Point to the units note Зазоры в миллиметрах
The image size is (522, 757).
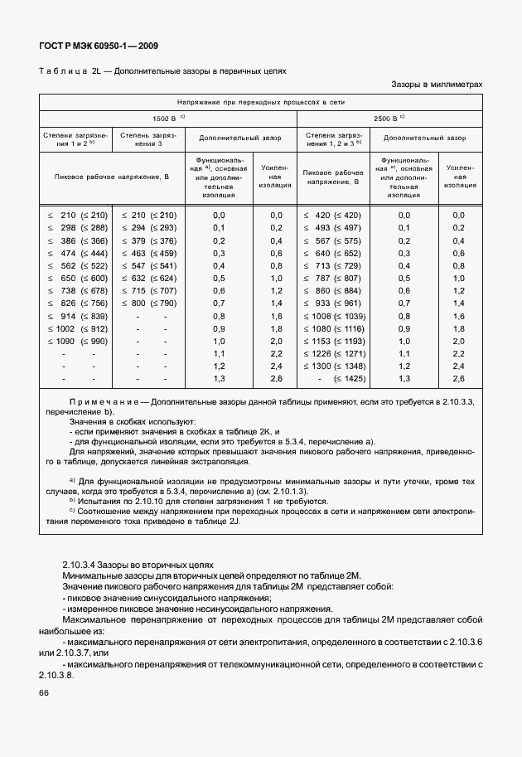point(436,85)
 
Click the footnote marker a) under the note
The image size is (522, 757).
point(74,480)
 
